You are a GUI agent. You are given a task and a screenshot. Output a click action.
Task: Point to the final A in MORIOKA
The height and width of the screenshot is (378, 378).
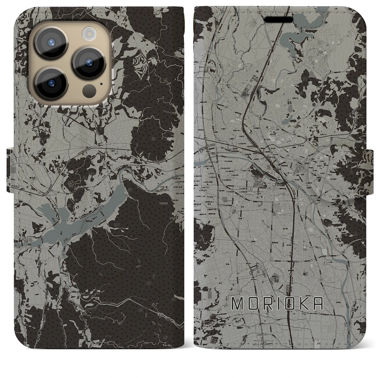317,304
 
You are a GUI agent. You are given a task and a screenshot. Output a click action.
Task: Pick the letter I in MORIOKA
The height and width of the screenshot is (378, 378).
276,304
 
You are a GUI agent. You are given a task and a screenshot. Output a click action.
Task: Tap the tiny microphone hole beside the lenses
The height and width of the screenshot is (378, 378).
101,84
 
